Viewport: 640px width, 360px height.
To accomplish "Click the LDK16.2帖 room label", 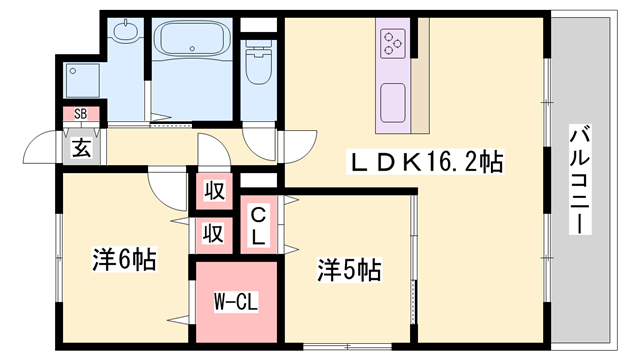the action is (424, 162).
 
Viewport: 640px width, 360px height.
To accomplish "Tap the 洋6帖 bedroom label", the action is (124, 259).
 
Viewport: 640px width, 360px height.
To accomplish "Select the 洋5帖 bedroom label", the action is (349, 270).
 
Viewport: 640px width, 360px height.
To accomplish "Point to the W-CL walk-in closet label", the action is (236, 302).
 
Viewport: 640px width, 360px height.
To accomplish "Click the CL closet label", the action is (258, 226).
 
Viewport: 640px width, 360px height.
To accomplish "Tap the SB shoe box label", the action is (81, 114).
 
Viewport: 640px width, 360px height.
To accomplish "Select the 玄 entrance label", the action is (81, 148).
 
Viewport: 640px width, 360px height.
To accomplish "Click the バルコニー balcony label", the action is (580, 180).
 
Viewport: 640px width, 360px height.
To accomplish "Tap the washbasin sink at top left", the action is (125, 31).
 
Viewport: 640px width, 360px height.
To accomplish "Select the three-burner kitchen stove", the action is (393, 43).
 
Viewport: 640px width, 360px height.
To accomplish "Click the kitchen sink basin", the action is (393, 102).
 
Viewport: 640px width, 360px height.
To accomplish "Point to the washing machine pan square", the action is (82, 80).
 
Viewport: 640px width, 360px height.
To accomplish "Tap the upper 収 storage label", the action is (214, 191).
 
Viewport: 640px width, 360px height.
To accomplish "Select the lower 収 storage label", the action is (213, 234).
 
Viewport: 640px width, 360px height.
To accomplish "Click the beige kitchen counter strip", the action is (420, 76).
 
